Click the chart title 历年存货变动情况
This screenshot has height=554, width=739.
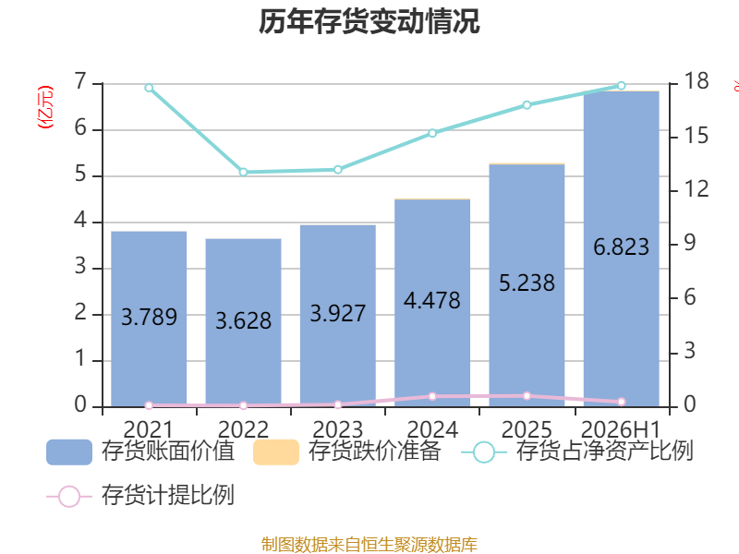coord(369,21)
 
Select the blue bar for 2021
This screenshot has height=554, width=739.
coord(149,319)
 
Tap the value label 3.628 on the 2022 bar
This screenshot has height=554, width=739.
coord(243,320)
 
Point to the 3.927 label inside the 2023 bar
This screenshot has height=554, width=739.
coord(337,313)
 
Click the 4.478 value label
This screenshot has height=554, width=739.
coord(432,301)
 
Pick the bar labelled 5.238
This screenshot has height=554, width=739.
coord(527,285)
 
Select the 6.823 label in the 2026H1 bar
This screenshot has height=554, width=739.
coord(621,247)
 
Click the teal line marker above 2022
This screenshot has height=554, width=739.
coord(243,173)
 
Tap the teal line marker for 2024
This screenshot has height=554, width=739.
coord(432,133)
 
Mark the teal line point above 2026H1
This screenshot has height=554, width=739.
coord(621,86)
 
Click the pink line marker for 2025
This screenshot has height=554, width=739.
coord(527,396)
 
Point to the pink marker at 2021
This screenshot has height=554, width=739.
coord(149,405)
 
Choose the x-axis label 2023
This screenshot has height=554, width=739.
coord(337,429)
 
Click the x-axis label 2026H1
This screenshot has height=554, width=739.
coord(621,429)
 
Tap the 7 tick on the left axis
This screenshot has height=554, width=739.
coord(81,81)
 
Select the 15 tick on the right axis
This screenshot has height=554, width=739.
coord(697,136)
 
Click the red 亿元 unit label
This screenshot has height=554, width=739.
coord(45,107)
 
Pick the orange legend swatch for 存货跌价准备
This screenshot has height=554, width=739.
coord(276,452)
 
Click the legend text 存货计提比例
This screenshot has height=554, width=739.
coord(168,495)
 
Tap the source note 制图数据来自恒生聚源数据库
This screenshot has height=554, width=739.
coord(369,545)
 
